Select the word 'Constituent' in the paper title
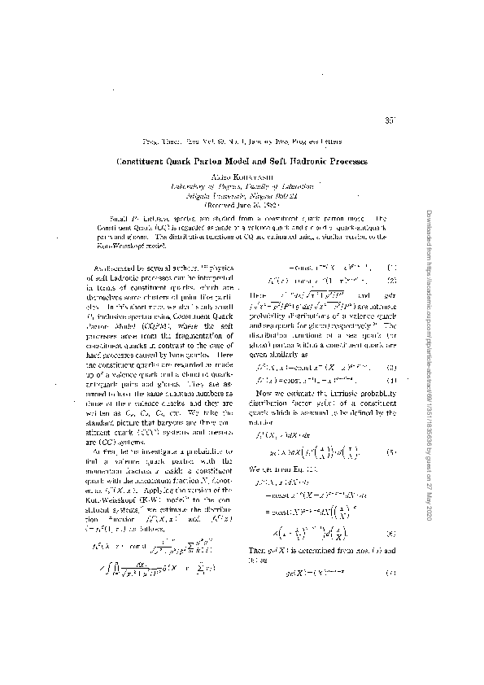tap(147, 162)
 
